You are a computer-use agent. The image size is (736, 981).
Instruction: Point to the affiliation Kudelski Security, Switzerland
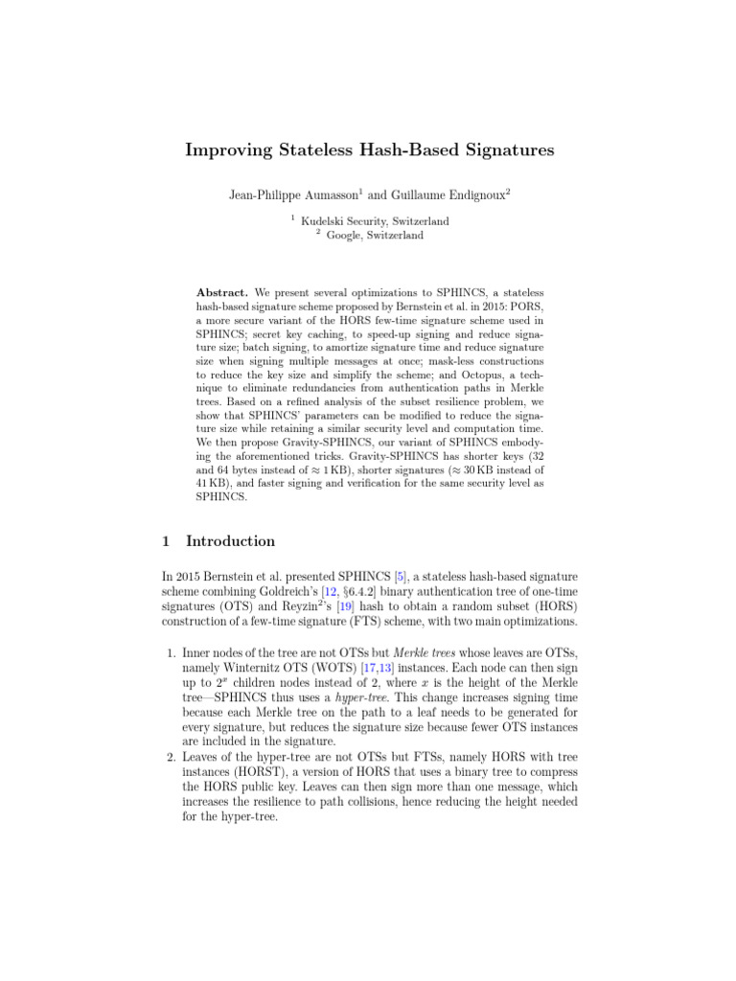coord(375,220)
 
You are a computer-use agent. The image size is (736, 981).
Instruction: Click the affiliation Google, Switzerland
coord(374,235)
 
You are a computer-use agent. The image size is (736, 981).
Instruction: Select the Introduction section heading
coord(230,541)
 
